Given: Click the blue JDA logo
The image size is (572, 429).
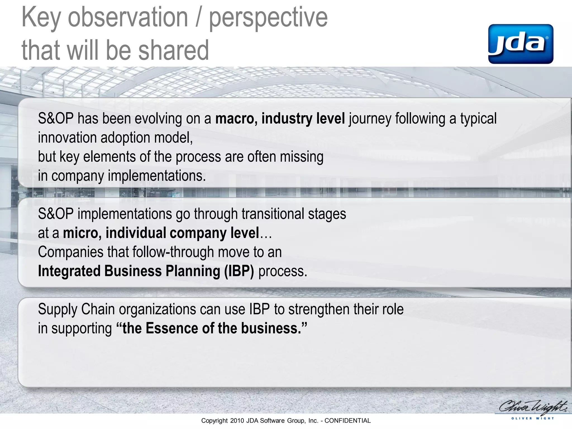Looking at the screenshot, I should (x=521, y=44).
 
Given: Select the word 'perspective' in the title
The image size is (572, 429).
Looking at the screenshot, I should (x=268, y=18).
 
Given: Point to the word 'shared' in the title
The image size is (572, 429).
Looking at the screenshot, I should (x=173, y=50).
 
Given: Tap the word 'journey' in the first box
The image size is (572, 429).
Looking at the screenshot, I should (x=370, y=119).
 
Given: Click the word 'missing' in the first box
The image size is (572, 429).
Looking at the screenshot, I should (x=302, y=157).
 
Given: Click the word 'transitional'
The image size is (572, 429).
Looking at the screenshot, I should (x=273, y=214).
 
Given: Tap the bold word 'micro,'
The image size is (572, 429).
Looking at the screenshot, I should (x=82, y=233).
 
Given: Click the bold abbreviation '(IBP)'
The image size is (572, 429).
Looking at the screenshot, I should (x=239, y=271).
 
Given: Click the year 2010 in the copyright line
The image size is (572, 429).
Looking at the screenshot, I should (x=237, y=421).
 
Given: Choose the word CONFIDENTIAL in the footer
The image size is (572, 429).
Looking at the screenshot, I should (x=347, y=421).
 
